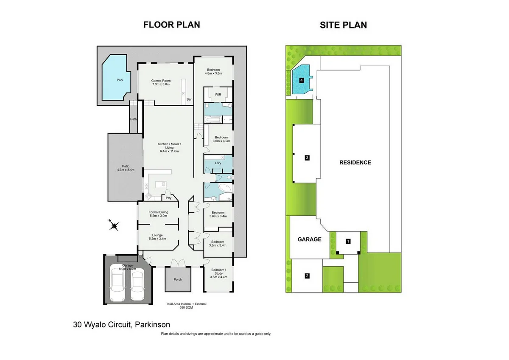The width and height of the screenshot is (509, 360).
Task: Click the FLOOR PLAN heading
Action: pos(171,25)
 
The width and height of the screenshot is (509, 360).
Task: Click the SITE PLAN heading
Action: pos(343,25)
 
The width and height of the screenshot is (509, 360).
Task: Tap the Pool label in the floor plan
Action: pos(120,79)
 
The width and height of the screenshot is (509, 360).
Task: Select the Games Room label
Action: pos(161,82)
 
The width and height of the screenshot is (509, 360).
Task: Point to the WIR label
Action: pos(218,94)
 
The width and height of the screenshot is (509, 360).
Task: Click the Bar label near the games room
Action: pos(189,99)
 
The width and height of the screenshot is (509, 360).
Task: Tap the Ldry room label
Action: pos(218,163)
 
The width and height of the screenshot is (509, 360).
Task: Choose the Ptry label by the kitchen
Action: pos(168,198)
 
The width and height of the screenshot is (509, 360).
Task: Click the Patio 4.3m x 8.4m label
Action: pos(126,168)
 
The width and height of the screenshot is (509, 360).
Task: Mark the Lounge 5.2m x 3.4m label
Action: pos(158,237)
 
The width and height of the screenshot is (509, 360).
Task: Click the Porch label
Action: pos(178,279)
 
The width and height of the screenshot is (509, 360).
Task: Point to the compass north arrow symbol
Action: pos(114,225)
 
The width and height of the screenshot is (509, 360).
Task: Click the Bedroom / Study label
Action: pos(218,273)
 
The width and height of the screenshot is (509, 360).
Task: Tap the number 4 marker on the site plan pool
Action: pos(302,80)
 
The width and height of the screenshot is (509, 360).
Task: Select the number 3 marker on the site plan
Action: pos(307,158)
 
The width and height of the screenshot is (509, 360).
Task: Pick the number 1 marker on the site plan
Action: pos(348,242)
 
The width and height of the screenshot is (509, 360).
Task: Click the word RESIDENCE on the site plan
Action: pos(355,163)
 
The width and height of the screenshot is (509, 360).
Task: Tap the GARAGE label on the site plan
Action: pos(309,239)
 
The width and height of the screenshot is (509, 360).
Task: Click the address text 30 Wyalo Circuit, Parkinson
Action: pos(121,325)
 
